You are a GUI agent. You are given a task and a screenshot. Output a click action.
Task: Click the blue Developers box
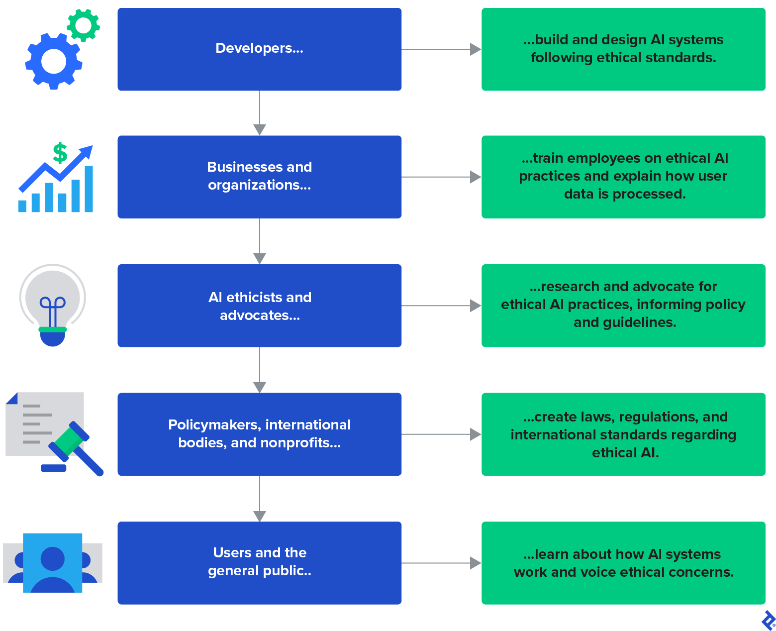click(x=259, y=49)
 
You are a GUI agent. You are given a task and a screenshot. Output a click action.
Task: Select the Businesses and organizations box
click(x=259, y=177)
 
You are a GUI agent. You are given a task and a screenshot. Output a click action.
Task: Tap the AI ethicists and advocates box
click(x=259, y=306)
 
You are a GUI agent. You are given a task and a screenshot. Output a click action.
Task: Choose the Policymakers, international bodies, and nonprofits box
click(x=259, y=434)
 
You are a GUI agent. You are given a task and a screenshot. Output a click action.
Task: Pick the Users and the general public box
click(x=259, y=563)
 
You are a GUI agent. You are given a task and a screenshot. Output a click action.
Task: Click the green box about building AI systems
click(x=623, y=49)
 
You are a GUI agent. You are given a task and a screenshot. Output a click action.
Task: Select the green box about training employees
click(x=623, y=177)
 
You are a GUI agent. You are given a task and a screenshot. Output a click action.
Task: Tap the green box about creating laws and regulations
click(x=623, y=434)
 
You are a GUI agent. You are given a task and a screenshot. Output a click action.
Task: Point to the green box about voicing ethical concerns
click(x=623, y=563)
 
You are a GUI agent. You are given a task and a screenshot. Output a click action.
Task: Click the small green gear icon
click(x=83, y=25)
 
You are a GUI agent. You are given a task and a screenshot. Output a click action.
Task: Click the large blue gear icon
click(x=54, y=62)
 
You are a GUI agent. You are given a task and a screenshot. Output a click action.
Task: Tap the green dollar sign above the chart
click(x=60, y=153)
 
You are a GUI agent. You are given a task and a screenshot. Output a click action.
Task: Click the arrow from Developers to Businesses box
click(x=259, y=113)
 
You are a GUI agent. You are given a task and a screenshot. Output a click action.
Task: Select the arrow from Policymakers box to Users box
click(x=259, y=499)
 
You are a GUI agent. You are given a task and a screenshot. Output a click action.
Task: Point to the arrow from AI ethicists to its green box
click(x=441, y=306)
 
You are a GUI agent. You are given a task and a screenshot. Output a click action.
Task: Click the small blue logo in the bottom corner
click(x=768, y=620)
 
